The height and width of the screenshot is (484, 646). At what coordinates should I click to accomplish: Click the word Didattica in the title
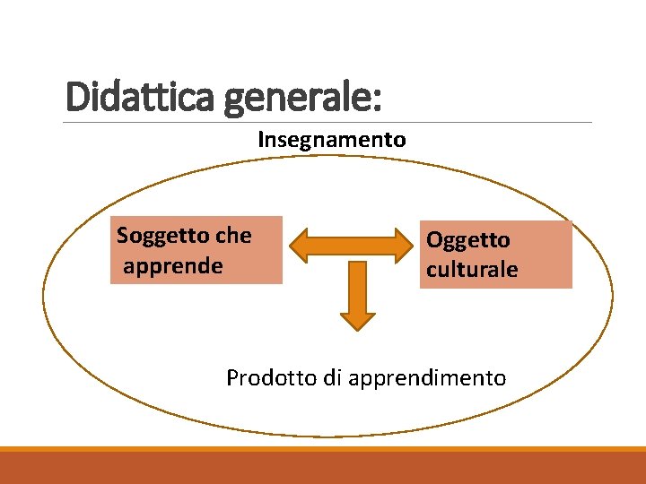[x=140, y=96]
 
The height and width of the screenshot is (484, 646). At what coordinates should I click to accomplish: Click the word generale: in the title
[x=302, y=98]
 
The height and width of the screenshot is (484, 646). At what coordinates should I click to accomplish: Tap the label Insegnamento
[x=331, y=140]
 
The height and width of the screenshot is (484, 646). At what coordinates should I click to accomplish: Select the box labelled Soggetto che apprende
[x=196, y=250]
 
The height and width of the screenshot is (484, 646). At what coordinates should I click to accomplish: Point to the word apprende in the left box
[x=172, y=266]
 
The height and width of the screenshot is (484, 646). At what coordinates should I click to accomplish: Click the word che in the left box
[x=233, y=236]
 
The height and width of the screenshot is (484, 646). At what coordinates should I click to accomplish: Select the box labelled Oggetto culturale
[x=496, y=255]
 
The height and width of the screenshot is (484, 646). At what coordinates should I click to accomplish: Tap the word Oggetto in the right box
[x=467, y=240]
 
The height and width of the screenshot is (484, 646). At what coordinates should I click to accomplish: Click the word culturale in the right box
[x=472, y=270]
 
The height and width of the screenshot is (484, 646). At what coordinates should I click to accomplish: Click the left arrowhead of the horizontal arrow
[x=303, y=245]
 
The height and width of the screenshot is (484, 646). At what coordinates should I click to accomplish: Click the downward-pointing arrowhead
[x=357, y=317]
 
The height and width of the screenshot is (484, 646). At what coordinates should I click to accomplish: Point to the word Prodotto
[x=271, y=378]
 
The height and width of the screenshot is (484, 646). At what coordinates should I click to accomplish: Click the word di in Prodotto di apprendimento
[x=332, y=378]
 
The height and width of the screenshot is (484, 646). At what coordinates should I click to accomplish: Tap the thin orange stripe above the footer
[x=323, y=449]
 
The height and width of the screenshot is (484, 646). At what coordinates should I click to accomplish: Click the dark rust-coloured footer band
[x=323, y=468]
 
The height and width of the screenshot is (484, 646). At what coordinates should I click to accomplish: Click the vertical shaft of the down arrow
[x=357, y=282]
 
